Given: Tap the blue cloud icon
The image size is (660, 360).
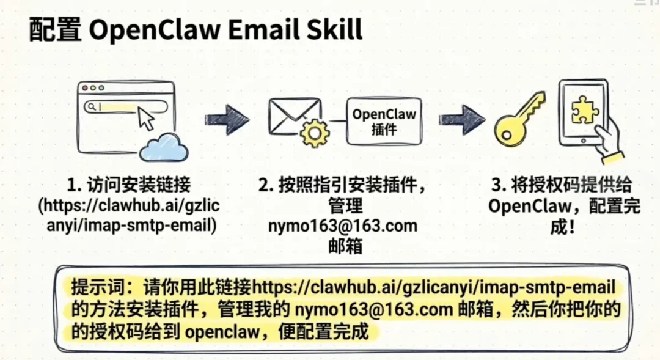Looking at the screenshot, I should click(163, 147).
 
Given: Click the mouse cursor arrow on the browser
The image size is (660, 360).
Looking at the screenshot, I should click(146, 117).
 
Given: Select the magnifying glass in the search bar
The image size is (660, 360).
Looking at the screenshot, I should click(91, 107).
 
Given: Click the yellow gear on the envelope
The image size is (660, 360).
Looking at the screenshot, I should click(315, 133).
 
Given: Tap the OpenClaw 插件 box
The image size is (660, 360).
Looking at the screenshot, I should click(384, 121).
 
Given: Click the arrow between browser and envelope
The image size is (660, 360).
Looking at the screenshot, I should click(227, 119).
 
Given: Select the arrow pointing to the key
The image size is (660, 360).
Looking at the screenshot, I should click(461, 119).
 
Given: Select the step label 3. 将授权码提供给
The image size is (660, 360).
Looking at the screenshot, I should click(562, 185).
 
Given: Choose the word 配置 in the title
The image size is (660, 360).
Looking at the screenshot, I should click(54, 29).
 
